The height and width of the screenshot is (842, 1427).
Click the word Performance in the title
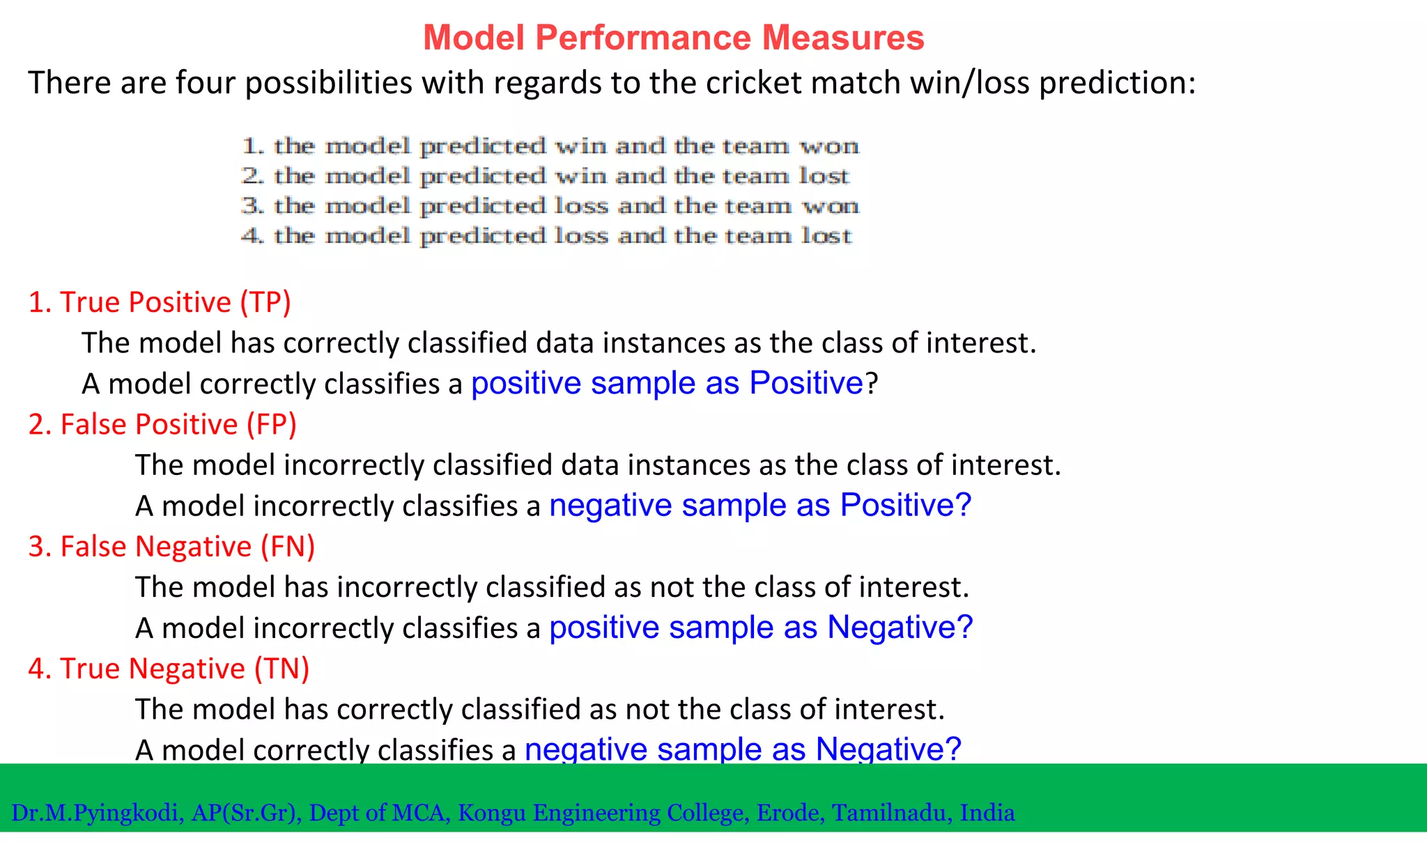click(643, 38)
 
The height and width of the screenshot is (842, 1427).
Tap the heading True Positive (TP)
click(160, 302)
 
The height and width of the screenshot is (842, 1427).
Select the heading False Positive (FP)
click(162, 424)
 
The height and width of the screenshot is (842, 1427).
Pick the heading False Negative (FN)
click(171, 547)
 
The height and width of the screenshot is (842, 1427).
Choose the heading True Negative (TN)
click(169, 669)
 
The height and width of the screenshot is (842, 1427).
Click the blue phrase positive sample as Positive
click(668, 383)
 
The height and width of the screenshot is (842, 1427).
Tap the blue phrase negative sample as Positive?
click(759, 505)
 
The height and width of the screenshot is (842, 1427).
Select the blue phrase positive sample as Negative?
click(760, 627)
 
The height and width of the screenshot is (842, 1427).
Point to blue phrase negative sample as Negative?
click(742, 749)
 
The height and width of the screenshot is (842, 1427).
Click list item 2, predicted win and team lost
click(546, 176)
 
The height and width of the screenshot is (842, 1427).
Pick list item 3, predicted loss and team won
click(550, 206)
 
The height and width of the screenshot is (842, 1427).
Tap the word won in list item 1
click(829, 146)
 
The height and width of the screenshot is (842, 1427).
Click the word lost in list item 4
click(826, 236)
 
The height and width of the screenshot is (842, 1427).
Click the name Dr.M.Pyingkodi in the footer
click(97, 813)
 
